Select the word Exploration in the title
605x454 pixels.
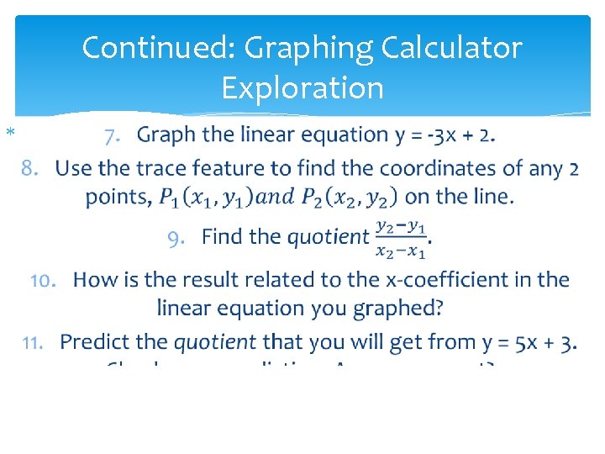point(302,87)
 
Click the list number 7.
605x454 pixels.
point(113,135)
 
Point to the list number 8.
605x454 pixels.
point(31,169)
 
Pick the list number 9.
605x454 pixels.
point(177,238)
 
